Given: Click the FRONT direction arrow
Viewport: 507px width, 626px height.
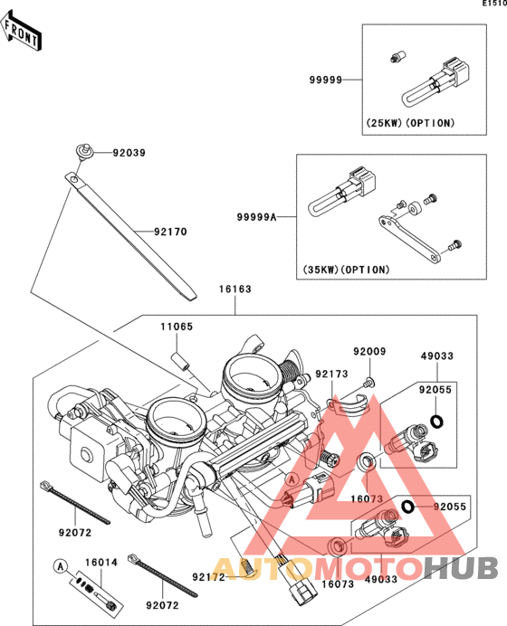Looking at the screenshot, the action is (21, 30).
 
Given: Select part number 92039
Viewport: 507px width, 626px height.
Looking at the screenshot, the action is (129, 153).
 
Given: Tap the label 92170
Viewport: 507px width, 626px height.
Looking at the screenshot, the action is (170, 232).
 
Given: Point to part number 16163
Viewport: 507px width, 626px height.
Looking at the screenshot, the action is (234, 289).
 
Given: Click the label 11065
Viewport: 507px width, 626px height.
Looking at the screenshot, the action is (177, 327).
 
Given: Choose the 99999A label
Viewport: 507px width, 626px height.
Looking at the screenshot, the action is (256, 217).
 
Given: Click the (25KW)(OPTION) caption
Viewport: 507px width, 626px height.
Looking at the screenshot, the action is (411, 123).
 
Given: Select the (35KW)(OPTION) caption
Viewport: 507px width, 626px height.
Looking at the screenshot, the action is (346, 270).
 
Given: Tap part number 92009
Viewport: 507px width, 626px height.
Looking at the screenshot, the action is (369, 351).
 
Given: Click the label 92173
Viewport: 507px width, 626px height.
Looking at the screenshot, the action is (331, 374).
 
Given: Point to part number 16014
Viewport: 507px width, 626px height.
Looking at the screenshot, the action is (101, 563).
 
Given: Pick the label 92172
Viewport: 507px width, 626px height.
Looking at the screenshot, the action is (208, 577).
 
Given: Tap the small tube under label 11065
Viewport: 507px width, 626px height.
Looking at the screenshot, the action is (180, 361).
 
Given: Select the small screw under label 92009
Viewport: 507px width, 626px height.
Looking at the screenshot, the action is (369, 384).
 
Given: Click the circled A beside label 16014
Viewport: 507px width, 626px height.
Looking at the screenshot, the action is (61, 566).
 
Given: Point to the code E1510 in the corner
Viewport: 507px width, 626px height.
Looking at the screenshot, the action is (494, 4).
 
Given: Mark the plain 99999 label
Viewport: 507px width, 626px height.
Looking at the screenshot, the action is (326, 80).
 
